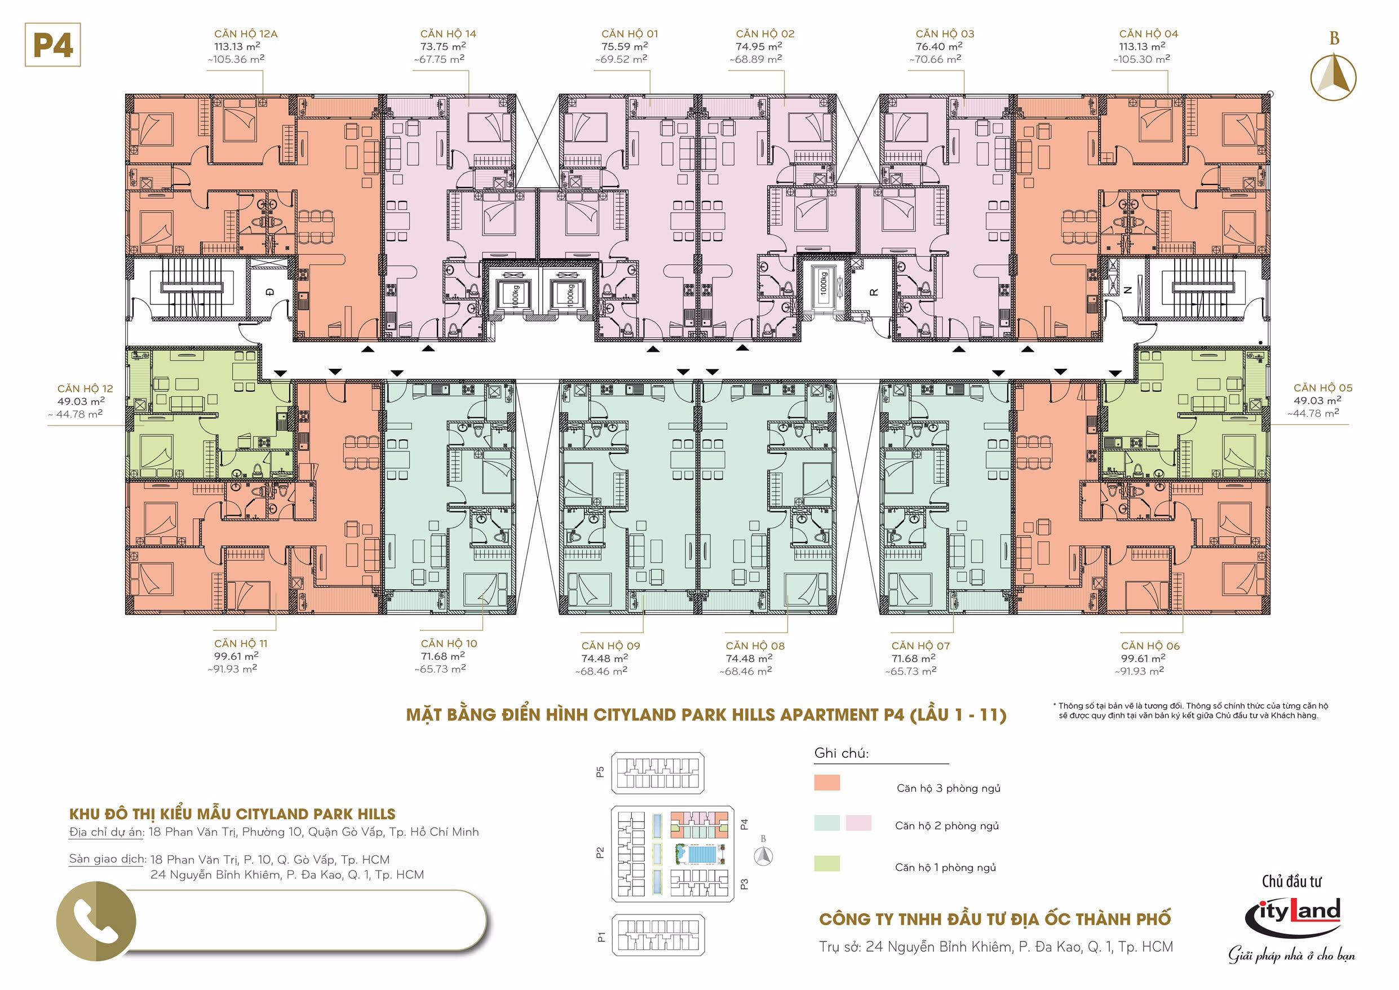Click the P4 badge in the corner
coord(53,45)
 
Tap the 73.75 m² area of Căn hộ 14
coord(443,46)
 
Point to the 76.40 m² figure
coord(939,46)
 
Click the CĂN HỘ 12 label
coord(85,389)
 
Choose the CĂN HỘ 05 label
coord(1323,388)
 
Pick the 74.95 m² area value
coord(759,46)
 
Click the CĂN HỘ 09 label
coord(610,646)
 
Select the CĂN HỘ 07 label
coord(920,646)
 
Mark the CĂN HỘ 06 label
coord(1150,646)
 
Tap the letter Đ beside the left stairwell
coord(270,292)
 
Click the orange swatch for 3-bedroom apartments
coord(827,783)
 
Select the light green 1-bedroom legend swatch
coord(827,863)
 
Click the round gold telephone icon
coord(96,921)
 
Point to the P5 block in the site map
coord(657,773)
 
